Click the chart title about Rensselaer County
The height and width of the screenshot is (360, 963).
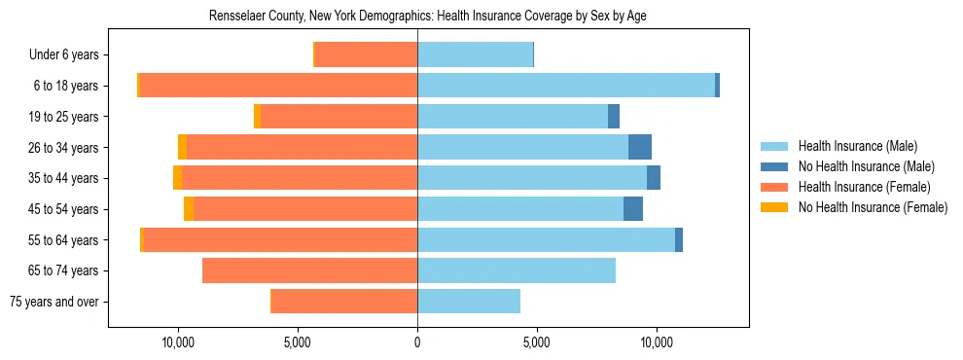click(428, 17)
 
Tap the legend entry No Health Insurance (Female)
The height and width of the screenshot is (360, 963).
click(873, 207)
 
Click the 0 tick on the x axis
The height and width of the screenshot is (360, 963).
click(417, 342)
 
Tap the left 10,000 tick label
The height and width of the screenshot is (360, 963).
click(178, 342)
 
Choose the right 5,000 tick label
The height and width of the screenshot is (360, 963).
click(537, 342)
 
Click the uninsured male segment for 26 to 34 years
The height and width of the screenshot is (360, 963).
click(640, 147)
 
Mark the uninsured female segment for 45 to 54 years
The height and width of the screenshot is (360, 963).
click(189, 209)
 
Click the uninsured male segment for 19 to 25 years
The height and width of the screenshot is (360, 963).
click(614, 117)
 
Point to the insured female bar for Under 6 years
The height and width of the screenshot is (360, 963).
click(366, 55)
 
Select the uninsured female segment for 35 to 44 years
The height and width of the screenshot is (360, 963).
click(177, 178)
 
